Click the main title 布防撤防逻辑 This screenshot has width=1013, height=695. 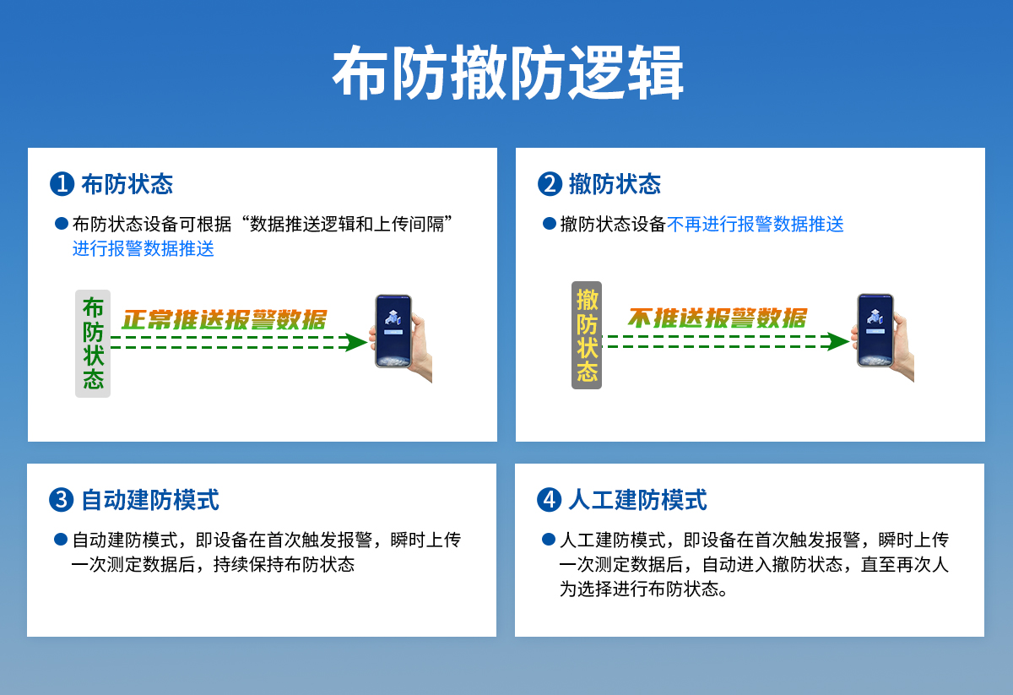508,73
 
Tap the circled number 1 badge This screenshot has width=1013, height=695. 62,184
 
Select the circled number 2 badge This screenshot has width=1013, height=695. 550,184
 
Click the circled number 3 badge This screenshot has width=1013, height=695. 61,500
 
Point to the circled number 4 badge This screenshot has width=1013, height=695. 549,500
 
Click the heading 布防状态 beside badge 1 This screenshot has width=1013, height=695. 127,184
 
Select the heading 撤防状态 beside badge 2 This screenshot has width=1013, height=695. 615,184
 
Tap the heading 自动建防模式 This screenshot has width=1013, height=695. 150,500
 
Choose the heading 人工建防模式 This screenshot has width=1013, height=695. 637,500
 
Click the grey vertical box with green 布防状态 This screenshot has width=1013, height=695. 93,344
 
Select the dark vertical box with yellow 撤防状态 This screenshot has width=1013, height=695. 587,334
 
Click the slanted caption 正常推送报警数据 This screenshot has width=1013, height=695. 224,320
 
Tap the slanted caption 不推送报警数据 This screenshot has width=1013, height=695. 718,318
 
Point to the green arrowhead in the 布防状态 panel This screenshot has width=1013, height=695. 355,343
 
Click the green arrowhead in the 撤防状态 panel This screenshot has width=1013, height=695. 837,342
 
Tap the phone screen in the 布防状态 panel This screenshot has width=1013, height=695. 393,331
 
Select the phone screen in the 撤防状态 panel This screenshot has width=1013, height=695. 875,330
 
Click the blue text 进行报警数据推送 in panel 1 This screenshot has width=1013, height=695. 144,249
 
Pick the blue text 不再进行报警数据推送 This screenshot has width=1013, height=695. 756,225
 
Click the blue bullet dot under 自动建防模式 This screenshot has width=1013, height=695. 61,540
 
